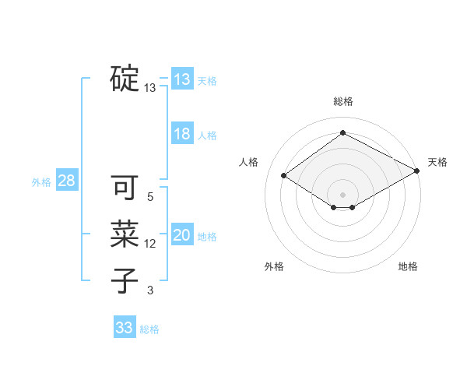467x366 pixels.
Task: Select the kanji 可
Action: point(125,188)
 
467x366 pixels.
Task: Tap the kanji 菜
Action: point(125,234)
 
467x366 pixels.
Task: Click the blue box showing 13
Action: point(182,79)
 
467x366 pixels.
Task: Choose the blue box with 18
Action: point(182,134)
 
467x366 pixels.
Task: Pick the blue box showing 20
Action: point(182,235)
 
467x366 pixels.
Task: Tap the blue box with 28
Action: point(67,181)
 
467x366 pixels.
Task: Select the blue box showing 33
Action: point(125,328)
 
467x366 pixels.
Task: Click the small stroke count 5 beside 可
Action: point(150,197)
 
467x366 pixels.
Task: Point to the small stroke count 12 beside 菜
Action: point(150,244)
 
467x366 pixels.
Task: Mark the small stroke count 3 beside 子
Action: point(150,290)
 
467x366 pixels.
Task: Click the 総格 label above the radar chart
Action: point(343,101)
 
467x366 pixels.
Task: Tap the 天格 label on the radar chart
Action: point(437,162)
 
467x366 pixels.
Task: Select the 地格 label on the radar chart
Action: point(408,266)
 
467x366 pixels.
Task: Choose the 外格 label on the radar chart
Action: point(274,266)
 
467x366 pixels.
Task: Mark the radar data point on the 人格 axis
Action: point(284,175)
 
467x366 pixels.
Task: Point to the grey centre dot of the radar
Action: point(342,194)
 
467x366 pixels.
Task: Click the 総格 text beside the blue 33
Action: point(149,329)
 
